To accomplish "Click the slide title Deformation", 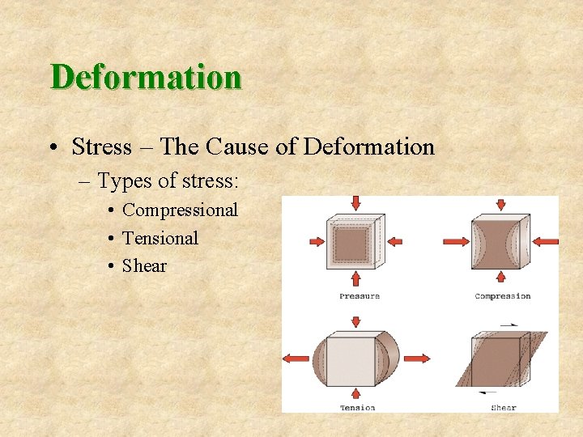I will click(x=146, y=78).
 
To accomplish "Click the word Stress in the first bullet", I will click(x=101, y=147).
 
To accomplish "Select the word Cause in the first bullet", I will click(x=235, y=147).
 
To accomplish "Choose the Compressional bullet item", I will click(x=180, y=210).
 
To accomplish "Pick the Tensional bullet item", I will click(x=160, y=238).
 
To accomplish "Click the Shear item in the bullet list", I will click(x=144, y=266).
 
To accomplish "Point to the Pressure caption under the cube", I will click(x=359, y=296).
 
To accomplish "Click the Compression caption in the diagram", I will click(x=502, y=296).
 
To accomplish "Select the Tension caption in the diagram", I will click(x=357, y=407).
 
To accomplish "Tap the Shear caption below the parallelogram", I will click(x=503, y=407).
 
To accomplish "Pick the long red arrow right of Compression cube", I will click(x=546, y=241).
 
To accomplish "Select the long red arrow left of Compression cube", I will click(x=458, y=241).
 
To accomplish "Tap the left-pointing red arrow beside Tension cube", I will click(x=296, y=359).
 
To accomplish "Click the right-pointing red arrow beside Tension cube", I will click(x=417, y=359).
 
